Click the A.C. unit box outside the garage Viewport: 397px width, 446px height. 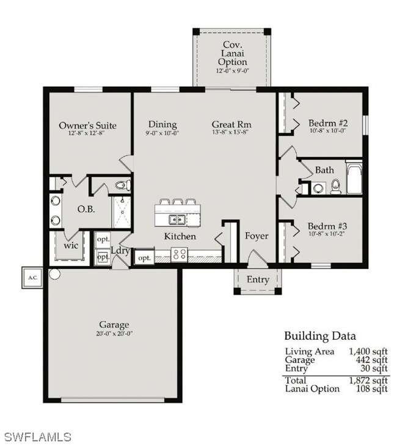click(x=32, y=278)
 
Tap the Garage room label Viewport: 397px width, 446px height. click(x=114, y=325)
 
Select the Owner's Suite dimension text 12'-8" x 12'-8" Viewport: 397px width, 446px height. click(x=87, y=133)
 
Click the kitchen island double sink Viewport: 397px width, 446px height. click(x=177, y=220)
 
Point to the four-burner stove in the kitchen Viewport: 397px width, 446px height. click(x=180, y=254)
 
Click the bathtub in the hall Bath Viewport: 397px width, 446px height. click(x=354, y=178)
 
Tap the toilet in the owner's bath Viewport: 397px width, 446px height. click(x=123, y=185)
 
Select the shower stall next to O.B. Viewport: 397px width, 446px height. click(x=122, y=212)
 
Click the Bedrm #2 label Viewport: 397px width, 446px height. click(x=328, y=123)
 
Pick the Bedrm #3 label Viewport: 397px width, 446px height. click(x=327, y=226)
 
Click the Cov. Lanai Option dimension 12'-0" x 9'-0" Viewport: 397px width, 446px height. click(x=232, y=71)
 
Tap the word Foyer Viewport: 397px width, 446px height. click(x=257, y=236)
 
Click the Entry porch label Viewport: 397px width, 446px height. click(x=258, y=279)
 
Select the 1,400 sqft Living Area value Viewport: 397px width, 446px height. click(x=368, y=351)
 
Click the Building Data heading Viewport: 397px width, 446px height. click(x=320, y=336)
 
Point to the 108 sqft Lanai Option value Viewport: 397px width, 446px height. click(x=372, y=389)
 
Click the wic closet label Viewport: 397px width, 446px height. click(x=71, y=245)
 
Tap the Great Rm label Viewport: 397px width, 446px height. click(x=231, y=124)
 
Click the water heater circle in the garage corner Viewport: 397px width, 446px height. click(x=54, y=274)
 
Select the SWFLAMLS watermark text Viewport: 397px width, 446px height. click(x=38, y=437)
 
